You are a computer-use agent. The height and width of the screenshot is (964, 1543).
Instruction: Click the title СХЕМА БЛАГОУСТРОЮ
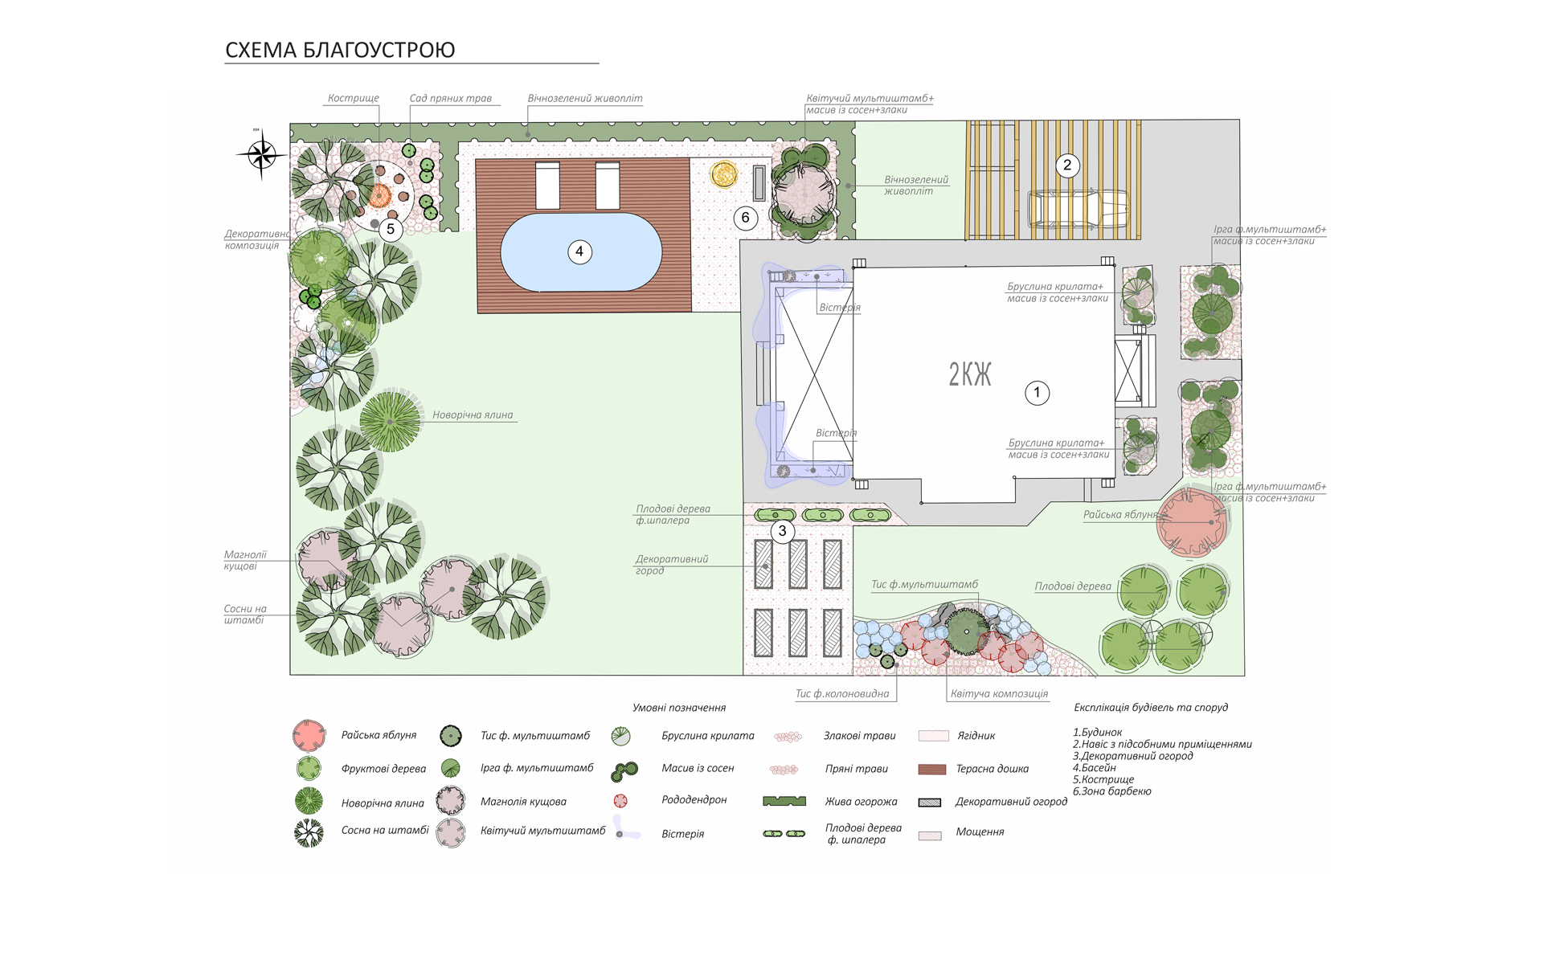click(340, 50)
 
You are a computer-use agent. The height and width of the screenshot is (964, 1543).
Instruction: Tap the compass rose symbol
click(261, 153)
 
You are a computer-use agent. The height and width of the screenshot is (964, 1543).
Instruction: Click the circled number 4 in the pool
click(579, 251)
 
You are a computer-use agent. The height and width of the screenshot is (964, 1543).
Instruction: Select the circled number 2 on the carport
click(1067, 165)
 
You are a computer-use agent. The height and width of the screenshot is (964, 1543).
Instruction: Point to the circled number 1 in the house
click(1037, 393)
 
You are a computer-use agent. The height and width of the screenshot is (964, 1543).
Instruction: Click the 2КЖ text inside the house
click(970, 374)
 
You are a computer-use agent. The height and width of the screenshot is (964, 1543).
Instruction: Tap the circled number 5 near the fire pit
click(391, 230)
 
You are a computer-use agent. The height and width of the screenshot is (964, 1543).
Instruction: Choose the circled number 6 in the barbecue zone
click(746, 218)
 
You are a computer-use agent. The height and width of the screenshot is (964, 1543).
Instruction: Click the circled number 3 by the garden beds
click(783, 531)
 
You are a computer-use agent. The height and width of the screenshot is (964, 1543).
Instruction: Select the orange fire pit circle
click(380, 195)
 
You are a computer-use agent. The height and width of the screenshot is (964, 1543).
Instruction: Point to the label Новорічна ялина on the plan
click(473, 415)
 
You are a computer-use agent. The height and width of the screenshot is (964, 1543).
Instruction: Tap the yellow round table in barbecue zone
click(723, 174)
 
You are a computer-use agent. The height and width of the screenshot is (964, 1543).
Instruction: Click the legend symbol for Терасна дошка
click(931, 769)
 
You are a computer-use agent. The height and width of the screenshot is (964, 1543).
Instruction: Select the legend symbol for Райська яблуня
click(309, 735)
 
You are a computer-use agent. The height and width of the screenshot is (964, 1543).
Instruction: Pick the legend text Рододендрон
click(694, 800)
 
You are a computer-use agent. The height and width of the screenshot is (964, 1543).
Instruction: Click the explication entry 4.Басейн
click(1095, 768)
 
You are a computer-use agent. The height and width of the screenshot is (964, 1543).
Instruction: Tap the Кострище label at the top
click(354, 98)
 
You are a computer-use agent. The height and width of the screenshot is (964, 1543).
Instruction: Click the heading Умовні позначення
click(679, 708)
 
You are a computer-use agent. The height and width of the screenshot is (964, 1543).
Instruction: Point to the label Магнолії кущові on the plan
click(245, 561)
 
